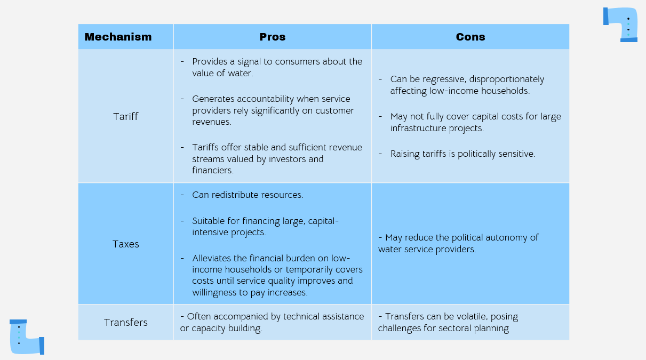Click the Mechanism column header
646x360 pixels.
[x=118, y=37]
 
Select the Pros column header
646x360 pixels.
[x=272, y=37]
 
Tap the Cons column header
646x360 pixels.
[x=470, y=37]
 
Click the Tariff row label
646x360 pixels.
[x=126, y=116]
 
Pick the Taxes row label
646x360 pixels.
[x=126, y=244]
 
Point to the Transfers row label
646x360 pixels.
[x=126, y=322]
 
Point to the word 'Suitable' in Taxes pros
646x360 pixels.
[x=210, y=220]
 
